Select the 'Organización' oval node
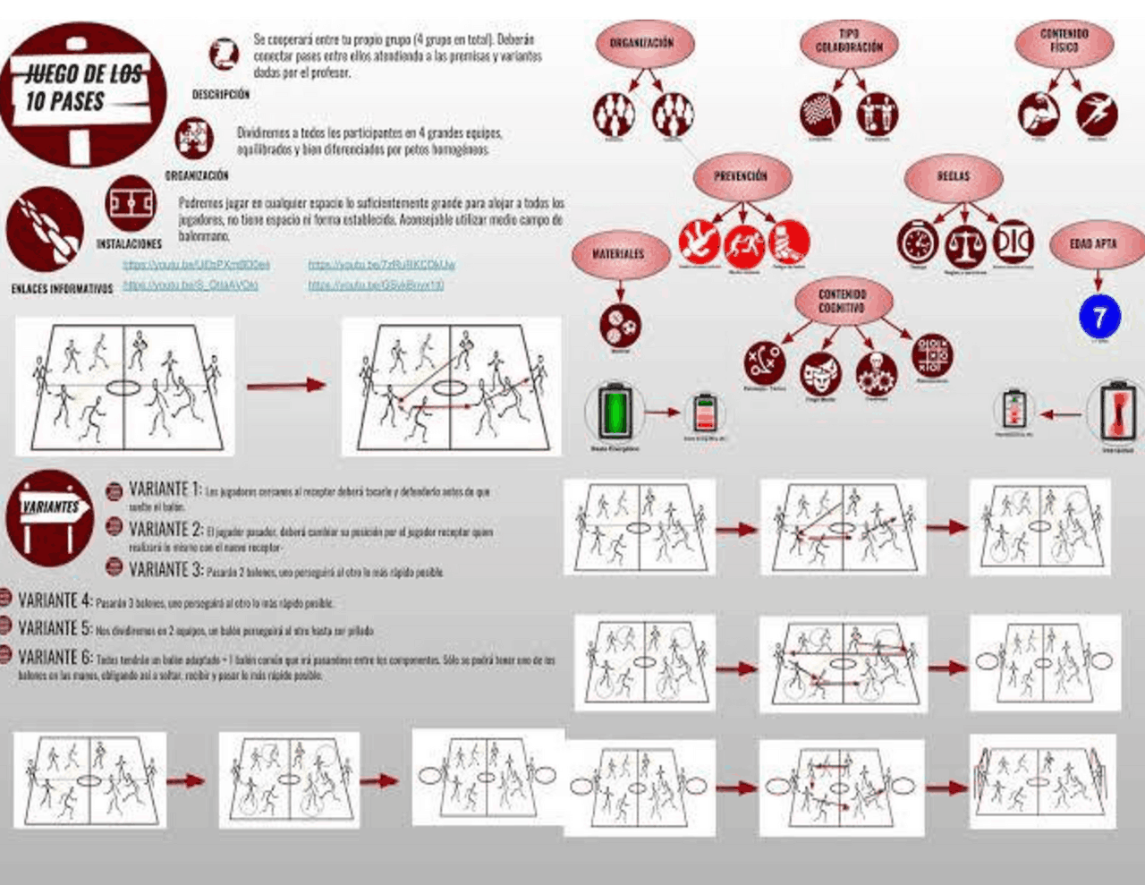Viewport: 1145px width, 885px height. (640, 43)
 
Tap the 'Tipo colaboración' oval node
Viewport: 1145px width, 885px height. (848, 41)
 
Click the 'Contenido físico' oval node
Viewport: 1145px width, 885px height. (1064, 40)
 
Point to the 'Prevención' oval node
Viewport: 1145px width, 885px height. (741, 176)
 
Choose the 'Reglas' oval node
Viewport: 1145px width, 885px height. (953, 176)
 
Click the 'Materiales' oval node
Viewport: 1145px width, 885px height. (618, 254)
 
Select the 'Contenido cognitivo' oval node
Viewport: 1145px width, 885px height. (842, 301)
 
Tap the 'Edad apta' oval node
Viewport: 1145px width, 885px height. (1093, 243)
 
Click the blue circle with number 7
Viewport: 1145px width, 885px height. (1099, 316)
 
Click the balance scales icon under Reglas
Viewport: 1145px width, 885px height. (964, 243)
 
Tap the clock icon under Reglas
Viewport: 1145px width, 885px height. (918, 243)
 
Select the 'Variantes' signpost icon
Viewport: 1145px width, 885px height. (51, 515)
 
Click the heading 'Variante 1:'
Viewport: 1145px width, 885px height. (165, 489)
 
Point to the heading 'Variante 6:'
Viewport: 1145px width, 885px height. (55, 658)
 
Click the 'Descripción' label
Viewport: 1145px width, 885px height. (220, 94)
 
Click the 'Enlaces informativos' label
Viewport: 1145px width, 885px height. (62, 289)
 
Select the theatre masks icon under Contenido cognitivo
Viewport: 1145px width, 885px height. (820, 373)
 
